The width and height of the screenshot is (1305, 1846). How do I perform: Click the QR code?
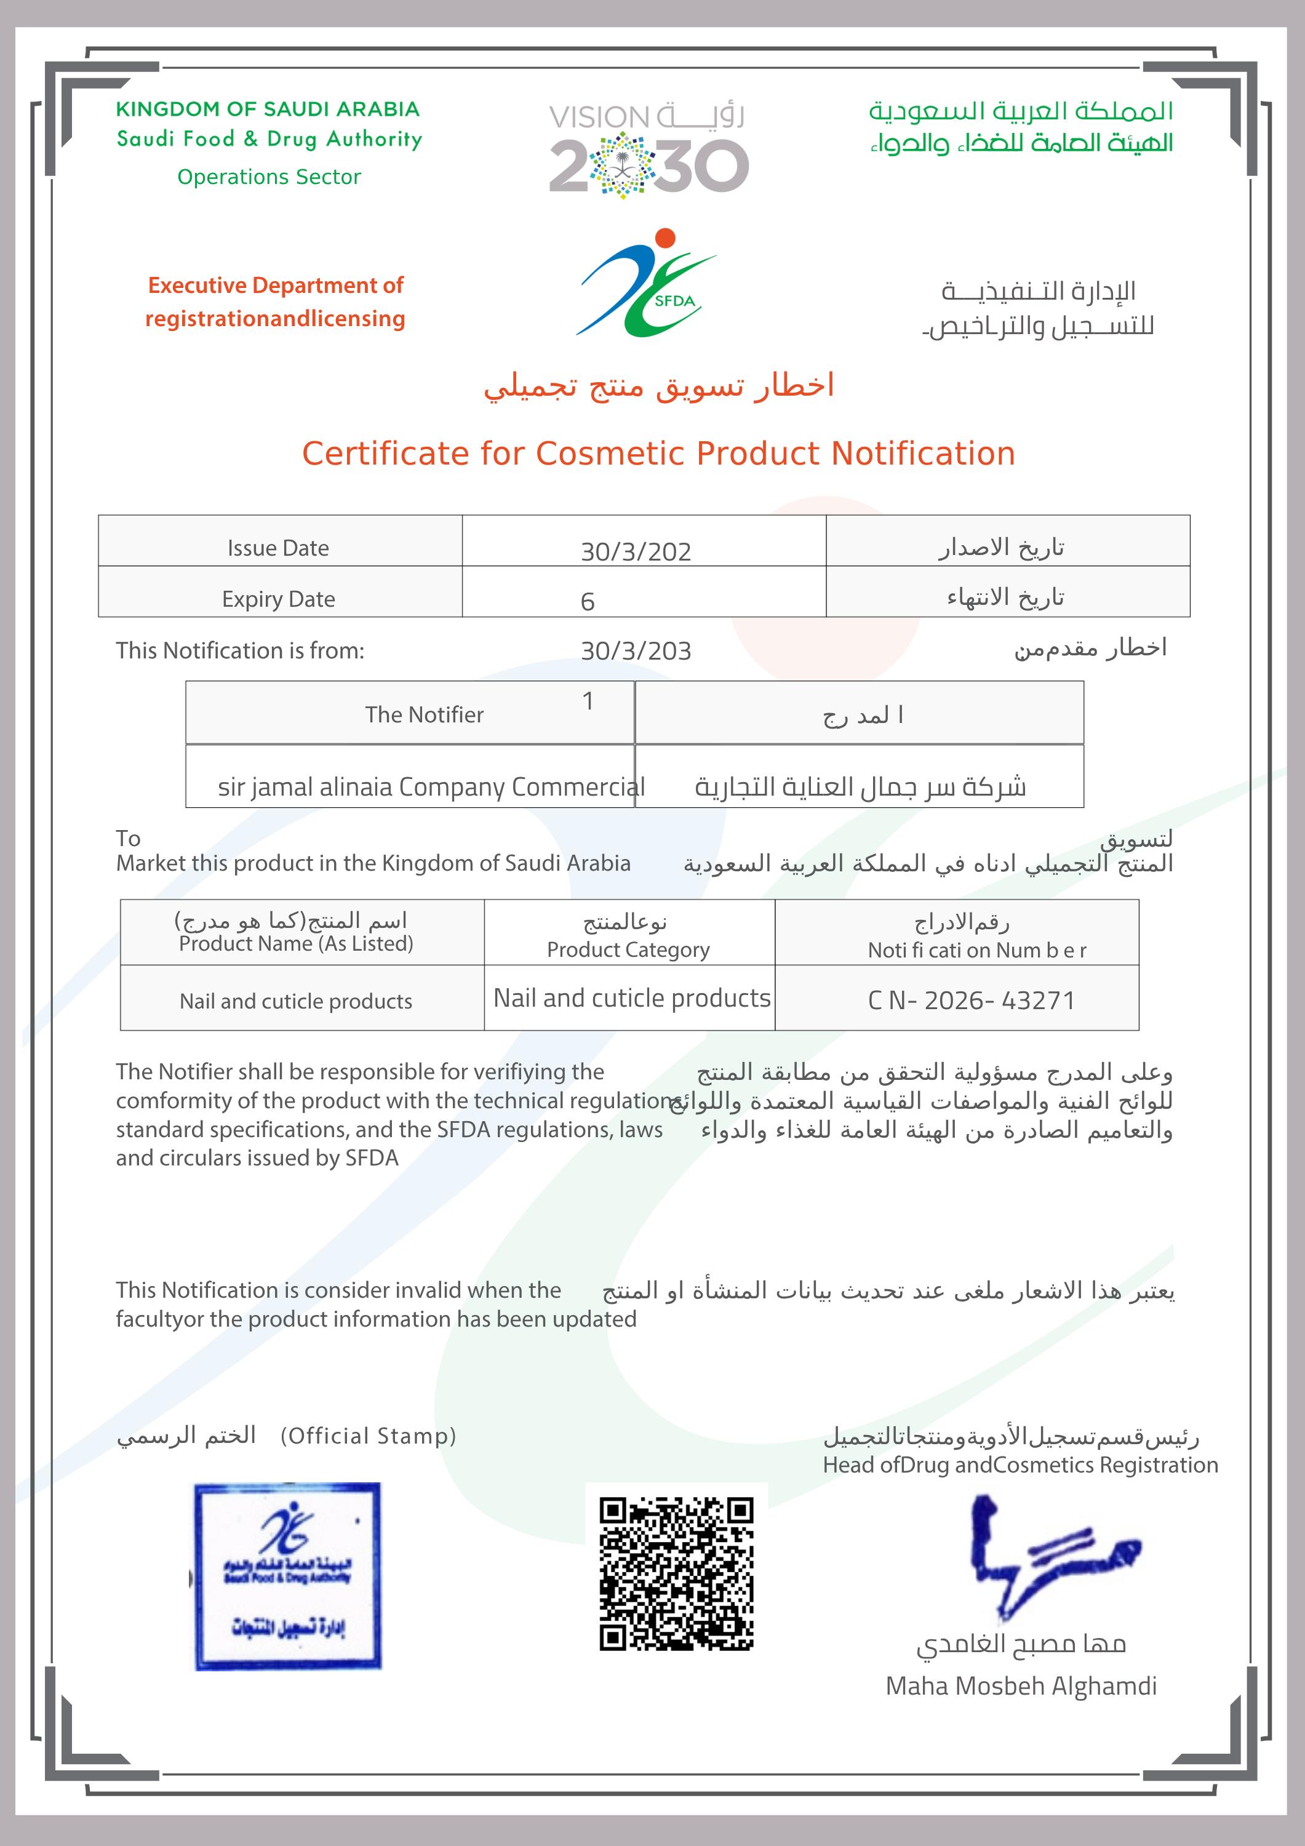pos(676,1573)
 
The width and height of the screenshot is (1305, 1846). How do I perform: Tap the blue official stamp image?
pos(287,1576)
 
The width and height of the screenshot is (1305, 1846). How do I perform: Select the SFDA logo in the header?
pos(647,283)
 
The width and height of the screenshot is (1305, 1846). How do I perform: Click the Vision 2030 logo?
pos(648,150)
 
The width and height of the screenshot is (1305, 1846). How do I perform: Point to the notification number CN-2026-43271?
pos(972,1000)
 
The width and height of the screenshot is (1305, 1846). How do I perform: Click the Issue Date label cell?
pos(278,548)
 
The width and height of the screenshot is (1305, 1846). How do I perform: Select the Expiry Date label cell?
pos(278,599)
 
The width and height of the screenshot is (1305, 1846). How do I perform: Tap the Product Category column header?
pos(628,949)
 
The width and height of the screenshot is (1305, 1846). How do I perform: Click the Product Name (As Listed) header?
pos(296,943)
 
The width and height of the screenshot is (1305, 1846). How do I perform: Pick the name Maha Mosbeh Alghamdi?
pos(1020,1685)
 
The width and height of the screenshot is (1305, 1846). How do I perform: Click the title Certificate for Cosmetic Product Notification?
pos(658,454)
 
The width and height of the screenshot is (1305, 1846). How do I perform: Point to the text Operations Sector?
pos(268,177)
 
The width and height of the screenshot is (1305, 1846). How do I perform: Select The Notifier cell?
pos(424,714)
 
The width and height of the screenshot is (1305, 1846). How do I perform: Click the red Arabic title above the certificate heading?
pos(658,386)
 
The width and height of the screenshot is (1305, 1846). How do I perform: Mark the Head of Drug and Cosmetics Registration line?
pos(1020,1465)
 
